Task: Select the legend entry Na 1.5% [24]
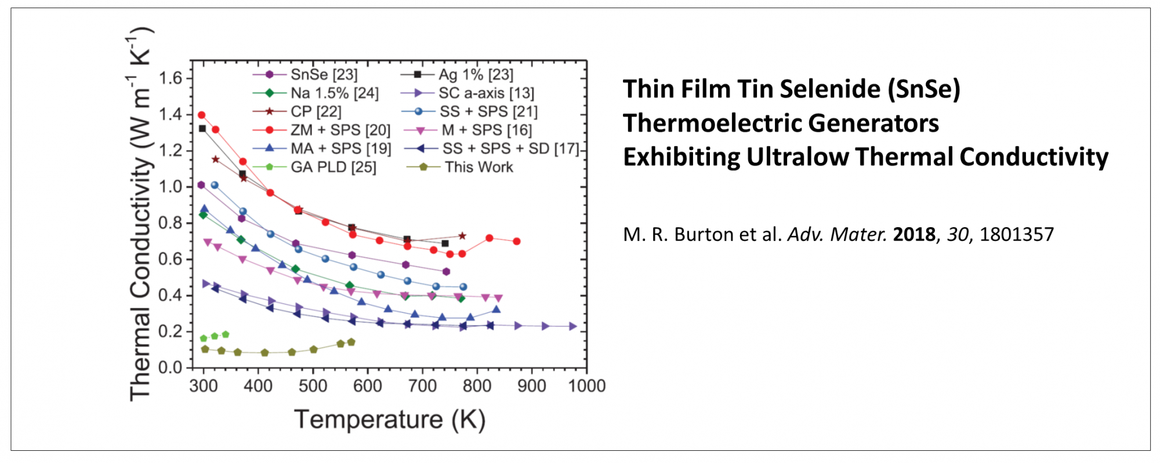click(334, 93)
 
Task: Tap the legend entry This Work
click(478, 167)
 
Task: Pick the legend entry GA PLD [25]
click(333, 167)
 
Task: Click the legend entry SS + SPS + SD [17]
click(510, 149)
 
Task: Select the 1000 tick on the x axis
click(586, 386)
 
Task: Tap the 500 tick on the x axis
click(313, 386)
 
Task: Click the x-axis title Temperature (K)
click(390, 419)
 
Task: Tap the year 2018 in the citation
click(914, 235)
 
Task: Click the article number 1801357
click(1016, 235)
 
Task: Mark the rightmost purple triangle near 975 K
click(572, 326)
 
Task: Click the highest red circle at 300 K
click(201, 115)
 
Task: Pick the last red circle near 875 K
click(516, 241)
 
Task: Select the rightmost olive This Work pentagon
click(351, 342)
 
